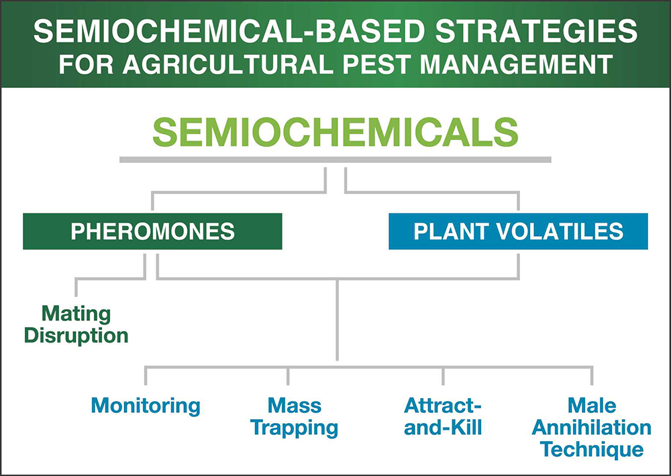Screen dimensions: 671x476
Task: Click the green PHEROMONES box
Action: coord(152,231)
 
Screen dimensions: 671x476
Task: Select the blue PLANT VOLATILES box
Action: coord(518,231)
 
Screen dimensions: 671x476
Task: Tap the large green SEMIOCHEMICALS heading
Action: coord(335,132)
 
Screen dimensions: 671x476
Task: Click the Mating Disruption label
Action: coord(76,325)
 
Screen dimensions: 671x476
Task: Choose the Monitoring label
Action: coord(146,406)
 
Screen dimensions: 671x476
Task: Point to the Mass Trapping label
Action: coord(295,416)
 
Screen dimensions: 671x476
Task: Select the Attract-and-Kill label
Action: coord(443,416)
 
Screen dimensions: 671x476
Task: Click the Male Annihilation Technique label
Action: coord(592,427)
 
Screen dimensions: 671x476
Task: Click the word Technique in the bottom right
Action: coord(592,450)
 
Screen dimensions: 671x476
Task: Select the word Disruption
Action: coord(76,336)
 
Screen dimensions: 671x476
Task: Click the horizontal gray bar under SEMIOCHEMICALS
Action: coord(335,160)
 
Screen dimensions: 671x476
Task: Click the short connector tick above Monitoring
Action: coord(146,375)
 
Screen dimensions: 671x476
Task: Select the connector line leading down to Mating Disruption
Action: coord(111,278)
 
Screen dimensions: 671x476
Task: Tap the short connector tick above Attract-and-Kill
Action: coord(443,375)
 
